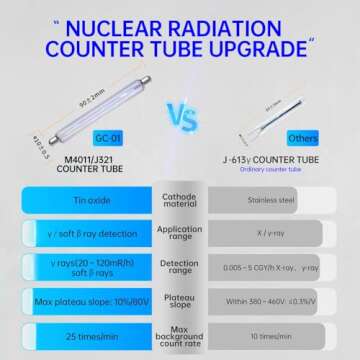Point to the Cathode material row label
[180, 199]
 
